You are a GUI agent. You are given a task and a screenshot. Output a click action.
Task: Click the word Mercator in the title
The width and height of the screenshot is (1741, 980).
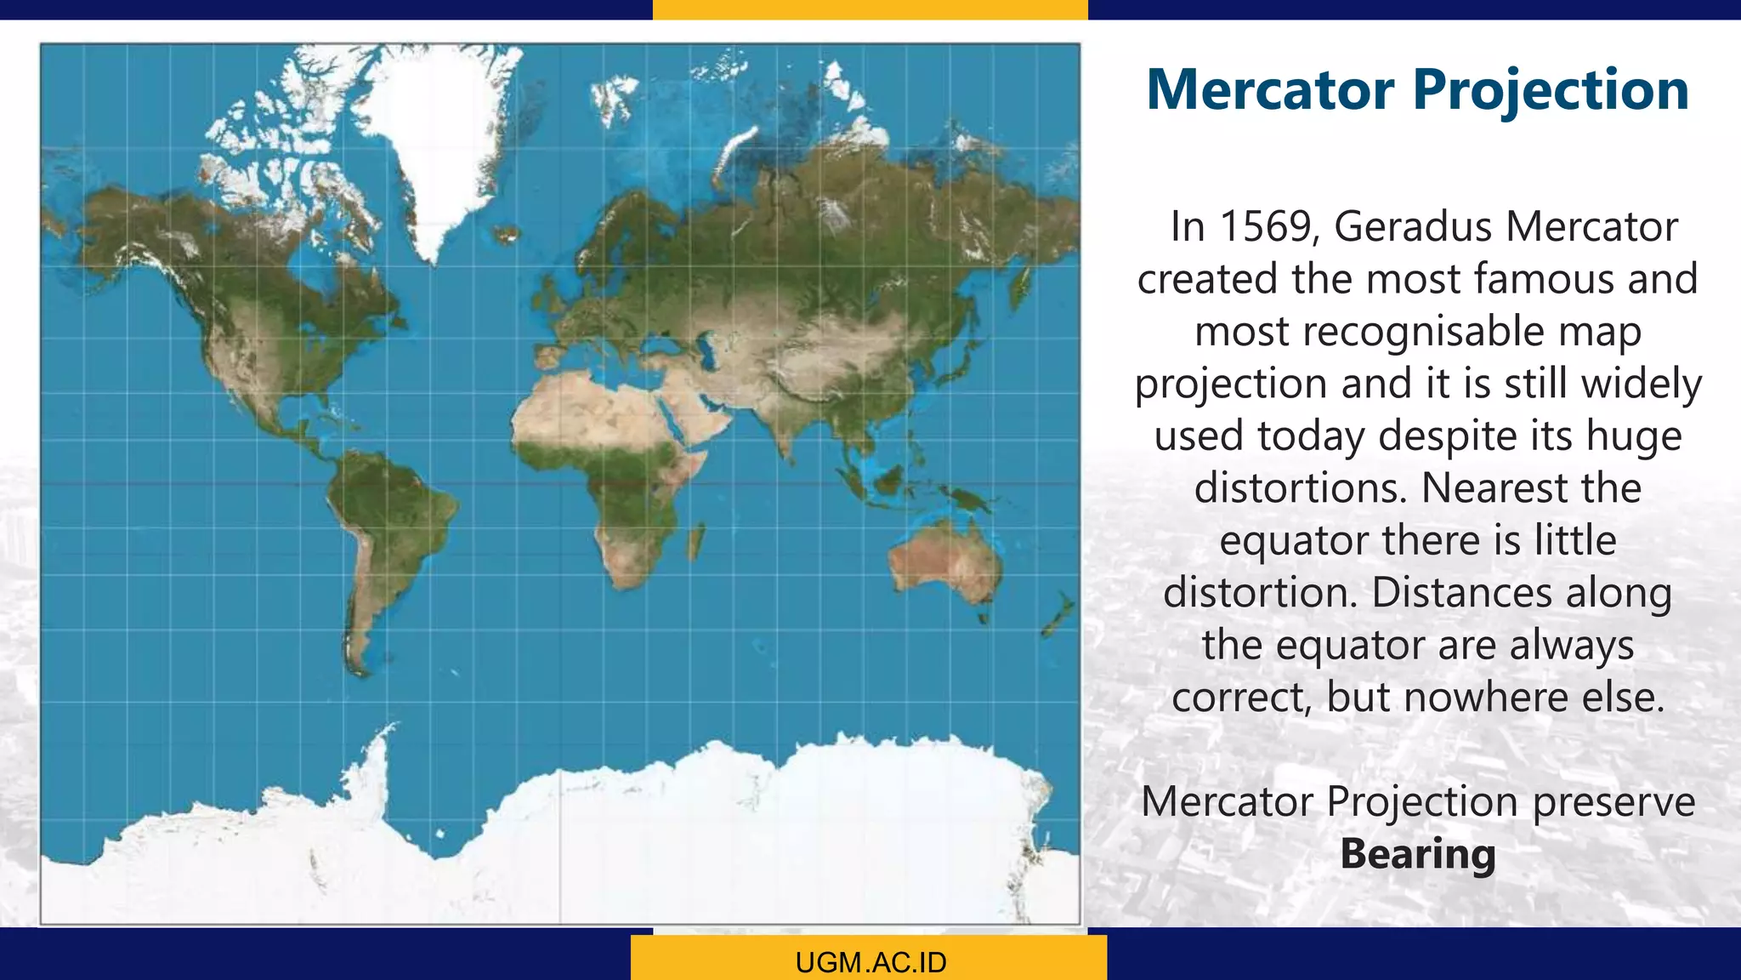coord(1271,90)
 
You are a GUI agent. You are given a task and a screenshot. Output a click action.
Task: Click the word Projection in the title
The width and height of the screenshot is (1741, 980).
coord(1551,90)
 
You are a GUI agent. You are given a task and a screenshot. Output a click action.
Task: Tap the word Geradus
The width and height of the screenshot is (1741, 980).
coord(1412,227)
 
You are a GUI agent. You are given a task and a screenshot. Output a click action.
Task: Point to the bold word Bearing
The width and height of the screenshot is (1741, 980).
coord(1417,854)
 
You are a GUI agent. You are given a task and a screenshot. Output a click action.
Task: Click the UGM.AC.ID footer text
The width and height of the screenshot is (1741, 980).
coord(870,962)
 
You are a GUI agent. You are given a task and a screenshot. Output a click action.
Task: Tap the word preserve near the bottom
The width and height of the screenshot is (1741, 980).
coord(1613,802)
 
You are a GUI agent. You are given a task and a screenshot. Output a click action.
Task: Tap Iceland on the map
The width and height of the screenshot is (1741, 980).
coord(507,233)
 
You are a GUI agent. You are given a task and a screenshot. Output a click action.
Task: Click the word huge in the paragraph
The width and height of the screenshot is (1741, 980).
coord(1642,436)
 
